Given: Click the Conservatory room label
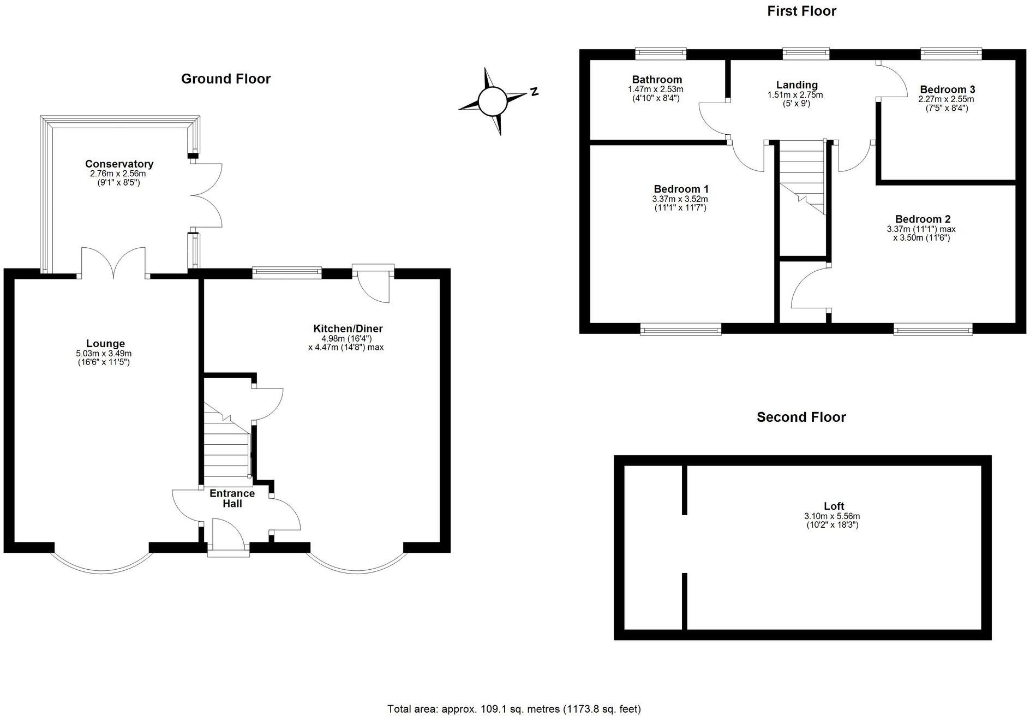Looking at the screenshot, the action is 119,164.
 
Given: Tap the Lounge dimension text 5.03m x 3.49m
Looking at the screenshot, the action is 104,353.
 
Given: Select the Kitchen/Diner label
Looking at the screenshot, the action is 348,329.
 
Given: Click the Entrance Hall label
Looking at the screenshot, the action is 232,498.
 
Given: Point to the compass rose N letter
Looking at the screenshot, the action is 535,91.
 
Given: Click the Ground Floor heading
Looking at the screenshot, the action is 226,79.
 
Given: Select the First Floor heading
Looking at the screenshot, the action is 801,11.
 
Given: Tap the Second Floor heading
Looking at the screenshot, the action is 801,417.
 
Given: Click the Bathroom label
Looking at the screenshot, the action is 657,80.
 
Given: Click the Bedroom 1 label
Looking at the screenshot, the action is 681,189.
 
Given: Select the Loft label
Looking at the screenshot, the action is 834,506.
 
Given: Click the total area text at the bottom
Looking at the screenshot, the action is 514,709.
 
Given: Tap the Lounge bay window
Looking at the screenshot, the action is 101,564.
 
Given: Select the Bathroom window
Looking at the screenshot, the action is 661,53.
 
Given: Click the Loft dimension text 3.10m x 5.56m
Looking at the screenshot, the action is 832,516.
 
